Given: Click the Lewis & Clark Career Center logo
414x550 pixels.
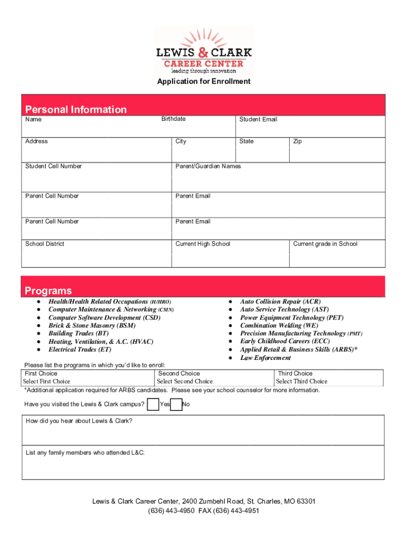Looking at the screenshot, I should pos(203,50).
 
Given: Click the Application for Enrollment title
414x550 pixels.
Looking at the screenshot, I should pos(203,82).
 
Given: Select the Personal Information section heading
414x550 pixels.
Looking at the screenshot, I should pos(76,110).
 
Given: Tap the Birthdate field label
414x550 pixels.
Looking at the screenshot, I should pos(173,119).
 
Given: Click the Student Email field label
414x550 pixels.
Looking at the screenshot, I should pos(258,119).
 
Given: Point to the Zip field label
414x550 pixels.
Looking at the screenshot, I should pos(297,141).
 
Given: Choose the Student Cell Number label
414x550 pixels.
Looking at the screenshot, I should pos(53,166).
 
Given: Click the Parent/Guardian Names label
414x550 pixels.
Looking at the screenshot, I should pos(208,166).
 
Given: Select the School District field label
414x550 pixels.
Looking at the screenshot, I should pos(45,244).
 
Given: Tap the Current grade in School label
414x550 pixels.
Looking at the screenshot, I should pos(325,244).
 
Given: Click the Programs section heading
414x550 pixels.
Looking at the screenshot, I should pos(48,291).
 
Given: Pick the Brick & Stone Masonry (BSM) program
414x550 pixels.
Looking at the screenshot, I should pos(92,325).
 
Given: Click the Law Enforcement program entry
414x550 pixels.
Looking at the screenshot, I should pos(265,358).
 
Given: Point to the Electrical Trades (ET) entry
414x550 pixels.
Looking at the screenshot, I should pos(80,349).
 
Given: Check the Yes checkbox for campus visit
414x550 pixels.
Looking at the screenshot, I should pos(153,404).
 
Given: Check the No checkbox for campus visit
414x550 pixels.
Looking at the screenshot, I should pos(176,404).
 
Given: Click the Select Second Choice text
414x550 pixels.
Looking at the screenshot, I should pos(184,381).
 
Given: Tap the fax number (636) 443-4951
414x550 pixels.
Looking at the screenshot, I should pos(237,511).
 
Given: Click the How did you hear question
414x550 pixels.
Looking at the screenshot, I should pos(79,421).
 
